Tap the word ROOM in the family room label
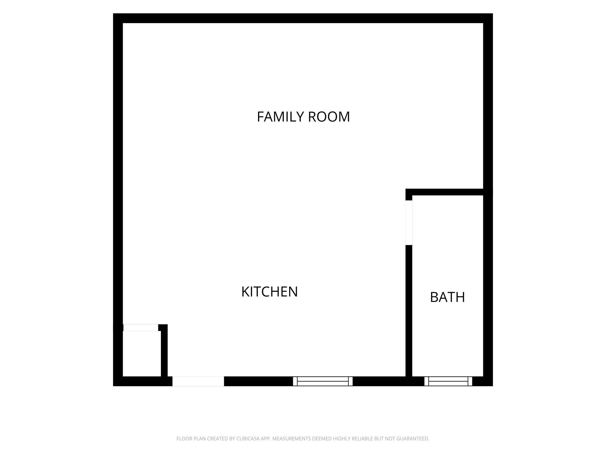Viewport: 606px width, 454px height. click(x=329, y=117)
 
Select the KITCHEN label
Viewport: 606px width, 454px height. click(x=270, y=292)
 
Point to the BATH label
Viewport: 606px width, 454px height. click(x=447, y=297)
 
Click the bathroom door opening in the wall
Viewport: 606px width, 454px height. click(x=409, y=223)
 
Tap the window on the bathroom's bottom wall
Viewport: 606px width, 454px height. click(x=448, y=381)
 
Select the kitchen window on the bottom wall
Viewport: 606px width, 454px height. click(x=323, y=381)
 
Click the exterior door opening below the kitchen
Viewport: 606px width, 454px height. click(x=198, y=381)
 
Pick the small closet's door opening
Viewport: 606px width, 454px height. click(x=141, y=327)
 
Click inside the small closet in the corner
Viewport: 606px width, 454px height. click(x=142, y=354)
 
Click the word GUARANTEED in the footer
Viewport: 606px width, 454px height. click(x=413, y=439)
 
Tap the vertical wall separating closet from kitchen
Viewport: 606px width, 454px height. click(x=164, y=351)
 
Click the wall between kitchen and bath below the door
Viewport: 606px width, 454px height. click(x=409, y=311)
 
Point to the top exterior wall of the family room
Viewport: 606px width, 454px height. click(x=303, y=18)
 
